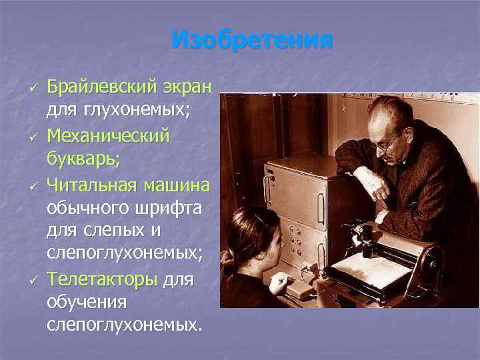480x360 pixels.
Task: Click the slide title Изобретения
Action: pyautogui.click(x=251, y=40)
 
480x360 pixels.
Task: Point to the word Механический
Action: pyautogui.click(x=109, y=136)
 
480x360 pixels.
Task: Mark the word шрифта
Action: pyautogui.click(x=177, y=206)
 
